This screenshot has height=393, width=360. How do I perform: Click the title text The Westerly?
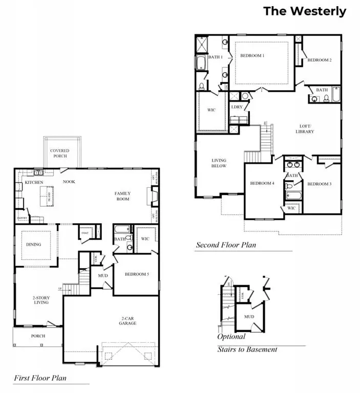pyautogui.click(x=305, y=11)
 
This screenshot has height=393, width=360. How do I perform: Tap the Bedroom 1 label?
pyautogui.click(x=252, y=56)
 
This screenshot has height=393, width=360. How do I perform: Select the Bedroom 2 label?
pyautogui.click(x=319, y=60)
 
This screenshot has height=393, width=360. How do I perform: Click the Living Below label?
pyautogui.click(x=219, y=163)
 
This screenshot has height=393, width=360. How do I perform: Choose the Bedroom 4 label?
pyautogui.click(x=262, y=184)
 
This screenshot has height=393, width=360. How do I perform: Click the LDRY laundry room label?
pyautogui.click(x=237, y=107)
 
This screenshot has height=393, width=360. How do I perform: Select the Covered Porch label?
pyautogui.click(x=59, y=154)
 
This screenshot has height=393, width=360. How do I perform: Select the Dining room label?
pyautogui.click(x=34, y=245)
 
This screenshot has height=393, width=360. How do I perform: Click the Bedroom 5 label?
pyautogui.click(x=137, y=274)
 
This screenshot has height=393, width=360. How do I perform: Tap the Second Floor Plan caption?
pyautogui.click(x=226, y=245)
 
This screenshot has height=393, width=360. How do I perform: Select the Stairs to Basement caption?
pyautogui.click(x=247, y=349)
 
